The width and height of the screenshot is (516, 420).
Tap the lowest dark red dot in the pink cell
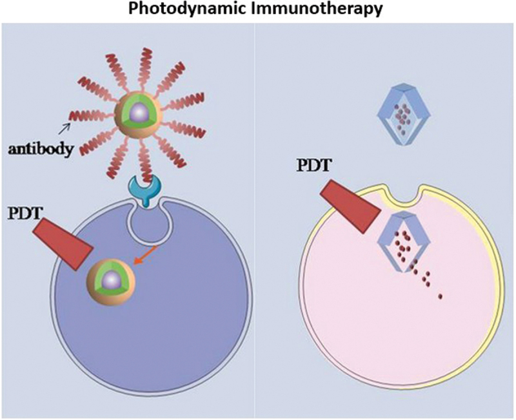(441, 296)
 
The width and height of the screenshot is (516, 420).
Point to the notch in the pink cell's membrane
(406, 193)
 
